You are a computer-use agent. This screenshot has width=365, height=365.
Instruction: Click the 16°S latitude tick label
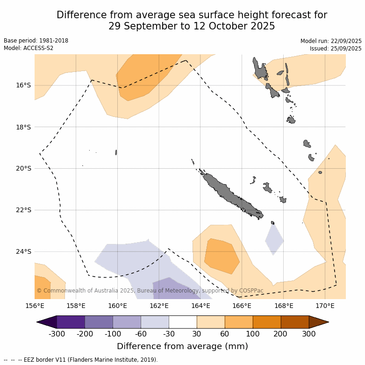click(23, 85)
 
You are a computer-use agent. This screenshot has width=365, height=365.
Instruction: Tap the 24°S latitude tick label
click(23, 251)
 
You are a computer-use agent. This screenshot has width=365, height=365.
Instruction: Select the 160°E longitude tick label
click(117, 306)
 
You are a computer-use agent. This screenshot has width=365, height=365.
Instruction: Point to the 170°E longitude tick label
click(325, 306)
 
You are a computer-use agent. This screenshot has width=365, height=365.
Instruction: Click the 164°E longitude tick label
click(200, 306)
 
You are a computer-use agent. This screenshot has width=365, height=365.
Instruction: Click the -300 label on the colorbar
click(57, 334)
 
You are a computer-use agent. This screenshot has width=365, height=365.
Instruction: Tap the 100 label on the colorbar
click(253, 334)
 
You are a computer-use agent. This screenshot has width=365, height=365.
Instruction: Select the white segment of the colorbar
click(183, 322)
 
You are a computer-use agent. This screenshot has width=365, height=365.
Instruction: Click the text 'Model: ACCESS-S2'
click(29, 48)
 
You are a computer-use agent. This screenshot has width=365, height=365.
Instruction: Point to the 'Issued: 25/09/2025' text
click(336, 49)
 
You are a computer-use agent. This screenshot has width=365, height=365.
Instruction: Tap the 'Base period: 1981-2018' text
click(36, 41)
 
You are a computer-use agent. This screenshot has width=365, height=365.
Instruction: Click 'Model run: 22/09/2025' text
click(331, 41)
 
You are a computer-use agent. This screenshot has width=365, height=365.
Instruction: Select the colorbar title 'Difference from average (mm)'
click(182, 346)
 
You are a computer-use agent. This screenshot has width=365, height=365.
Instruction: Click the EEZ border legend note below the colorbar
click(80, 360)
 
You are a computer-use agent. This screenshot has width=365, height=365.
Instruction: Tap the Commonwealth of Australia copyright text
click(150, 291)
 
